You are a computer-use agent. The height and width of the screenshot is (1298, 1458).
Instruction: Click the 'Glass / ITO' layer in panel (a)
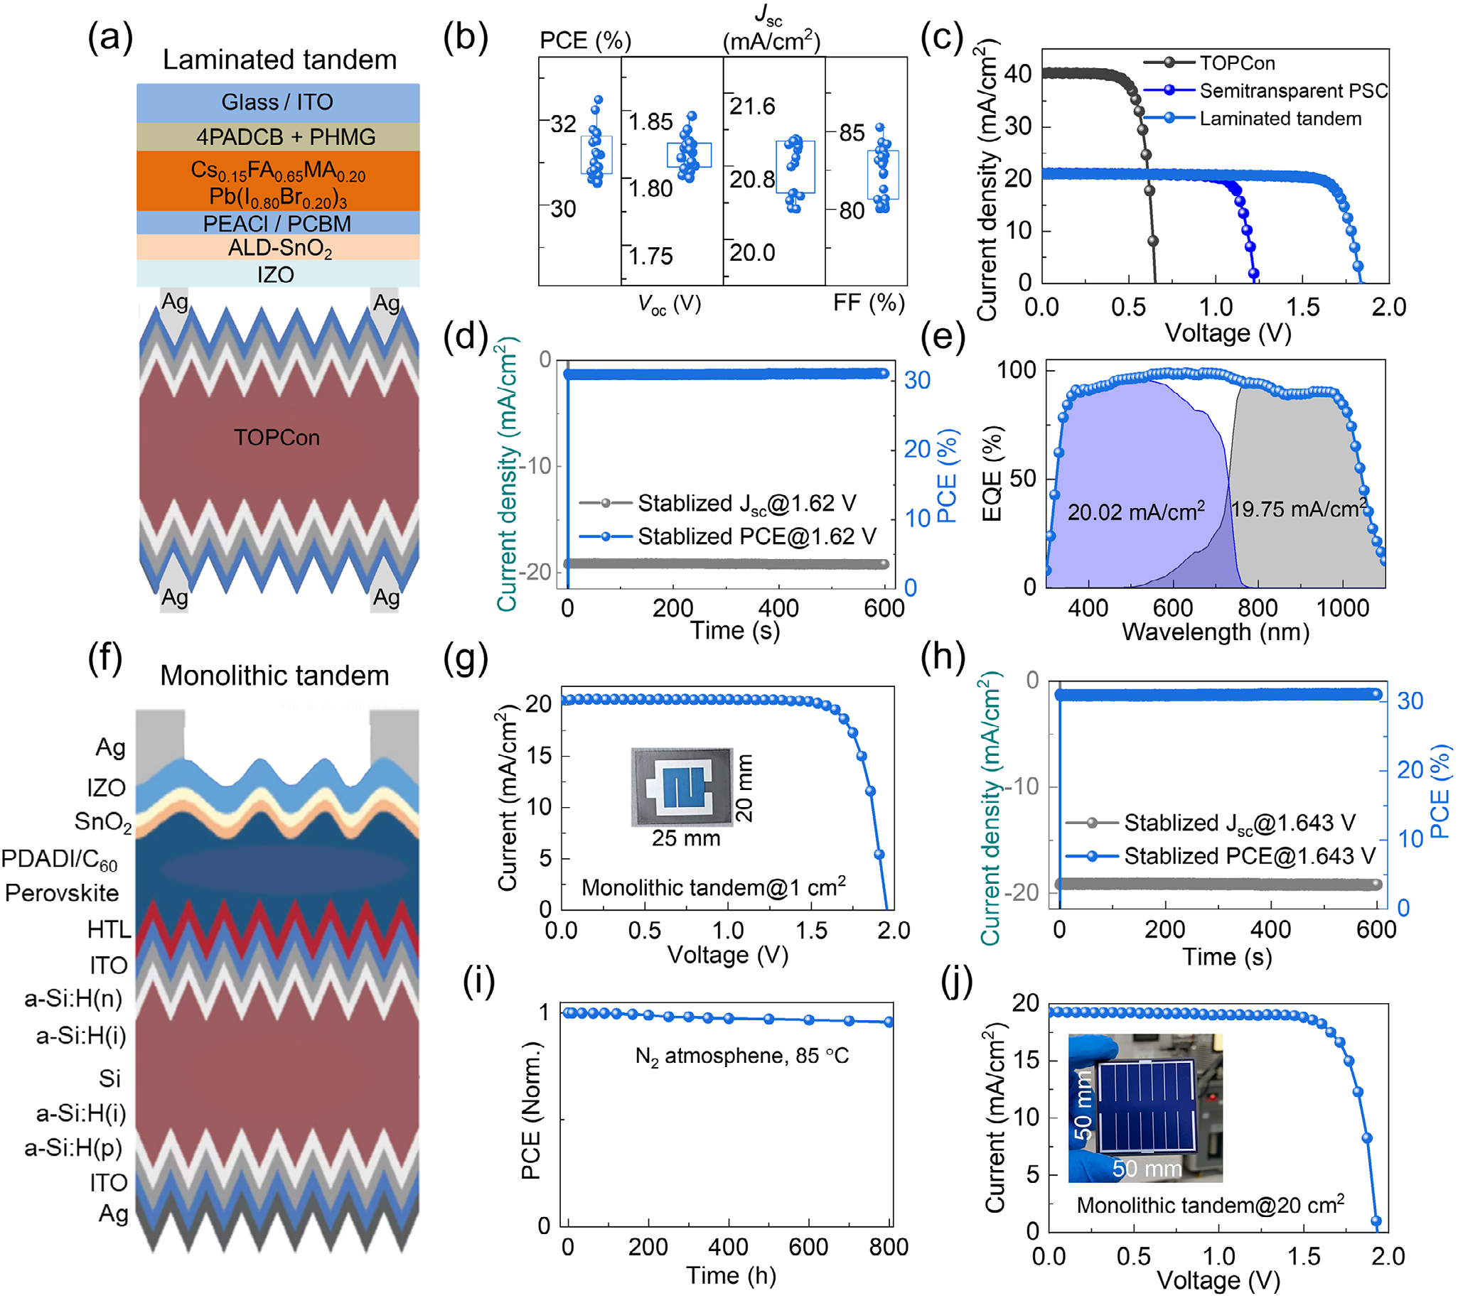coord(278,102)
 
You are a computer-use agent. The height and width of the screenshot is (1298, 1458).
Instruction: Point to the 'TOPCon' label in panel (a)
coord(277,437)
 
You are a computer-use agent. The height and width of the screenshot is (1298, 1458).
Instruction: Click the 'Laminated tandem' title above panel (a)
coord(279,59)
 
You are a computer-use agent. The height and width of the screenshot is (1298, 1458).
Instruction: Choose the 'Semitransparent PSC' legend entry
coord(1292,90)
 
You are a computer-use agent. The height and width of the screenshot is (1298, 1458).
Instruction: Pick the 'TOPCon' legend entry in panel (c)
coord(1236,63)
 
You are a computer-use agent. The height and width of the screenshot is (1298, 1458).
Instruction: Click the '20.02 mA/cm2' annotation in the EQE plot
coord(1135,511)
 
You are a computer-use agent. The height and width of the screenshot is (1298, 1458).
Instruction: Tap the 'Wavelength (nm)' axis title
coord(1215,632)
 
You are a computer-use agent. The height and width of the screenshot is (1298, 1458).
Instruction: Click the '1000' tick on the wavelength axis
coord(1342,608)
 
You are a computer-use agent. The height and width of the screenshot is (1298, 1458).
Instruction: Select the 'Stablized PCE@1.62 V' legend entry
coord(756,536)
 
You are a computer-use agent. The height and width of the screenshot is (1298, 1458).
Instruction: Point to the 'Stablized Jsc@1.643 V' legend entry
coord(1239,823)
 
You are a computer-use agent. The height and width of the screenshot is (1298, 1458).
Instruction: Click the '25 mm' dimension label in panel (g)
coord(685,838)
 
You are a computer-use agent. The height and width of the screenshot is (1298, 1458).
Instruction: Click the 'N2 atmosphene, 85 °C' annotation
coord(741,1056)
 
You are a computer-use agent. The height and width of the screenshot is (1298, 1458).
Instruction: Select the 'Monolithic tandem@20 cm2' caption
coord(1210,1204)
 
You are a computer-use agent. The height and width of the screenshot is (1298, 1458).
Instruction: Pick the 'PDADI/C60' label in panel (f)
coord(59,860)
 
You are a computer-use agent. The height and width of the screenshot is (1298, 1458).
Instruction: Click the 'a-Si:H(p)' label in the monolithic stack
coord(73,1147)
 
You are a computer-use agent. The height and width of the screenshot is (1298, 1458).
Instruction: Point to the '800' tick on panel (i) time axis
coord(889,1248)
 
